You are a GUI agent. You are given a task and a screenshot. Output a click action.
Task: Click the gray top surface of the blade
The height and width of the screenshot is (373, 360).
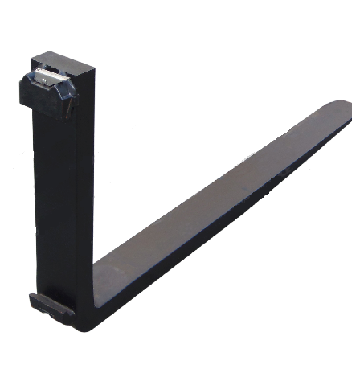[x=217, y=201]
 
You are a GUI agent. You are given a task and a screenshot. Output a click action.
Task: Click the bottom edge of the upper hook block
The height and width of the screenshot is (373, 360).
[x=44, y=106]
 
